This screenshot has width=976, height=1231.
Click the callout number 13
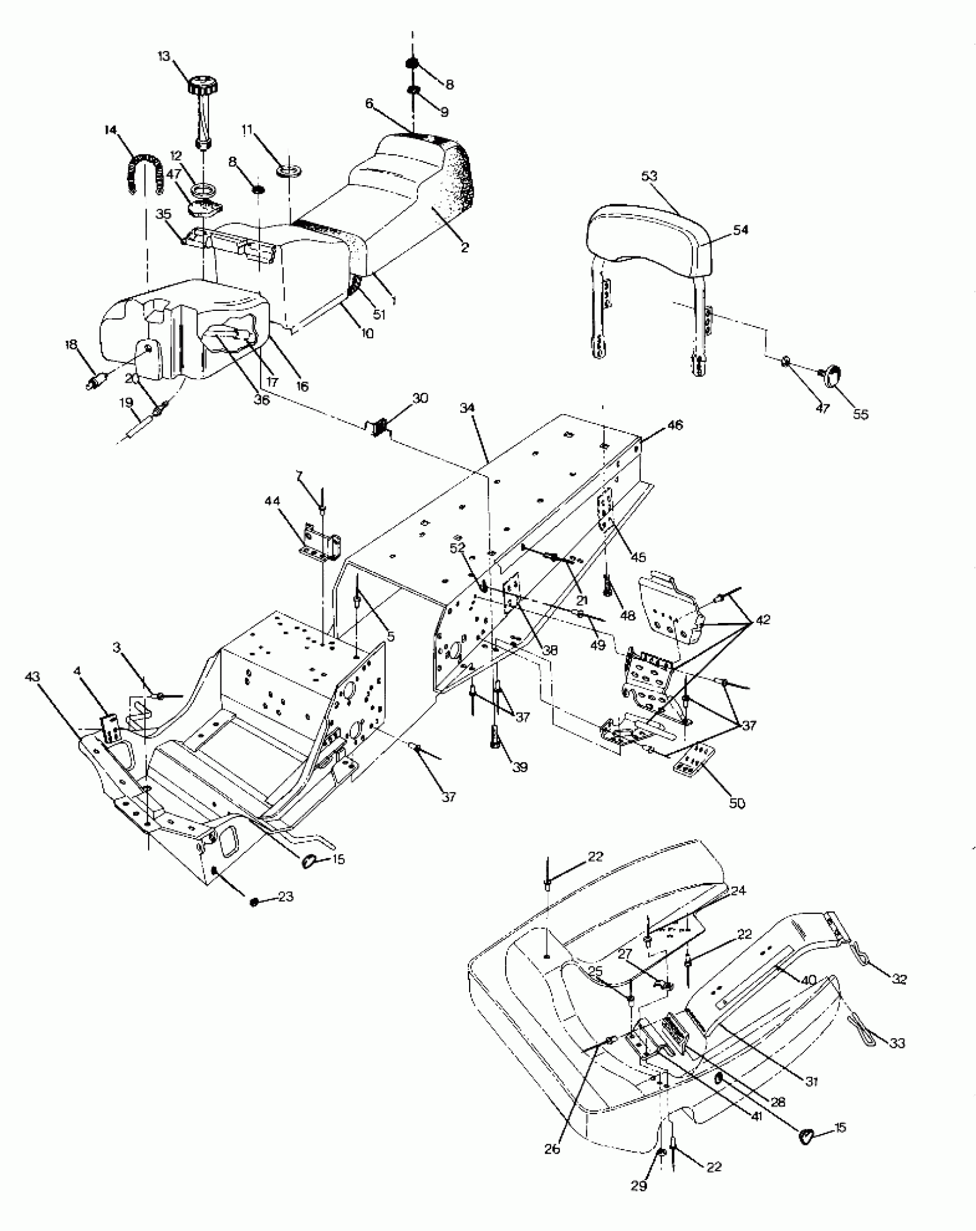click(x=164, y=56)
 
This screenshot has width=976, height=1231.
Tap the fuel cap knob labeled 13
click(x=202, y=86)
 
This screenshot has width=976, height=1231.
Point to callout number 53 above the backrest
click(x=649, y=176)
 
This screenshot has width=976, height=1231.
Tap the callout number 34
click(x=467, y=408)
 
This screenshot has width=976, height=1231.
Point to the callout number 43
click(x=33, y=677)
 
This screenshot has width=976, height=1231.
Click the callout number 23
click(x=286, y=896)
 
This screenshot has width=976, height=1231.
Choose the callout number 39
click(x=520, y=768)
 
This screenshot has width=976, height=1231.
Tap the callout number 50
click(x=737, y=804)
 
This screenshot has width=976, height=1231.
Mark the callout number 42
click(x=763, y=620)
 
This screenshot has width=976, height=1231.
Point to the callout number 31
click(x=811, y=1082)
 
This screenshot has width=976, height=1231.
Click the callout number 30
click(x=420, y=398)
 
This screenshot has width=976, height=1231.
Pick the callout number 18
click(x=71, y=345)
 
